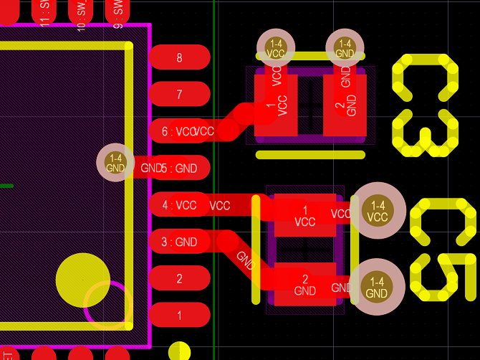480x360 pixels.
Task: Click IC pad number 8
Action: click(x=179, y=57)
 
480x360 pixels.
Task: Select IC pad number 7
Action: click(x=179, y=94)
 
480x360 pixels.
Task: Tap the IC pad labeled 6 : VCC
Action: click(x=179, y=131)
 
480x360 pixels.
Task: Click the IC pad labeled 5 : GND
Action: click(x=179, y=169)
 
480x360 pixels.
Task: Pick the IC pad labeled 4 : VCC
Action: click(x=179, y=205)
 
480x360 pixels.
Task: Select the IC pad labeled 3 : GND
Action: click(x=179, y=242)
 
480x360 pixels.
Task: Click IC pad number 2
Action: click(x=179, y=279)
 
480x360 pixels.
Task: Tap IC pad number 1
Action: click(x=179, y=316)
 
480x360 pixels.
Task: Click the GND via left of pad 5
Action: click(x=115, y=163)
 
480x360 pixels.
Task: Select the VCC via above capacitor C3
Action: click(x=276, y=48)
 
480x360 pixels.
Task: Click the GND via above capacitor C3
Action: click(x=345, y=48)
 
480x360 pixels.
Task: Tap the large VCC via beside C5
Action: click(x=377, y=211)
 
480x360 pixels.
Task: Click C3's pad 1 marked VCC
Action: click(x=276, y=105)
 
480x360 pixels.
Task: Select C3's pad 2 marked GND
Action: click(x=345, y=105)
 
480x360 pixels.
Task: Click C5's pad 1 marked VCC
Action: click(x=305, y=215)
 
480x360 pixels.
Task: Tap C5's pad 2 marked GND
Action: click(x=305, y=285)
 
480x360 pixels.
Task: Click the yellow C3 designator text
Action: click(x=425, y=105)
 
